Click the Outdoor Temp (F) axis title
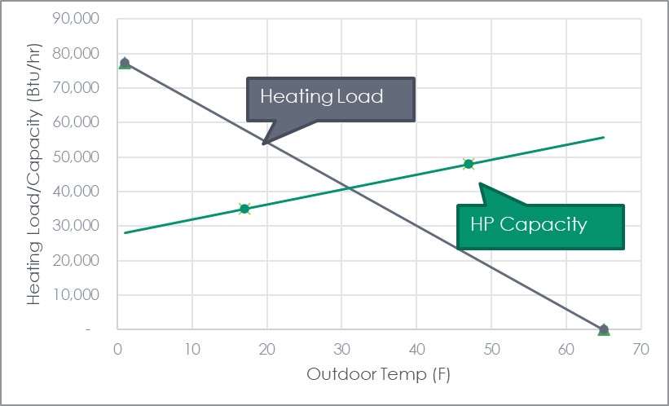378,375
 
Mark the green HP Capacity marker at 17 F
244,209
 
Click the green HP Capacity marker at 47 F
468,164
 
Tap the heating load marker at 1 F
125,63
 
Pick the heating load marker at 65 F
603,329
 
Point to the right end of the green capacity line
603,137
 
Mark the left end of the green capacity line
125,232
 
